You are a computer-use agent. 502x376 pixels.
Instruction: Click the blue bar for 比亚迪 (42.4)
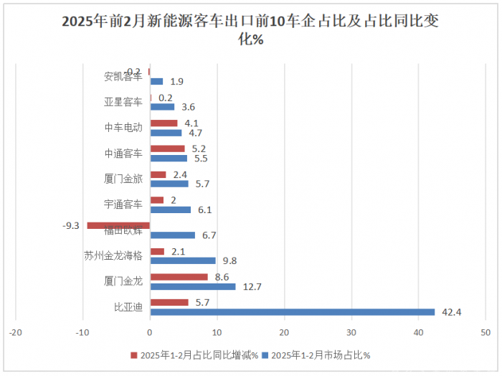pos(292,312)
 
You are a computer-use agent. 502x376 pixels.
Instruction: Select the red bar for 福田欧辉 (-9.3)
pos(118,225)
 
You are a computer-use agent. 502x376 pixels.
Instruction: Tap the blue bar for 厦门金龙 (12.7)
pos(192,286)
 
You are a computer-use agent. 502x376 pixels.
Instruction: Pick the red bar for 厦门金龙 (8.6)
pos(179,277)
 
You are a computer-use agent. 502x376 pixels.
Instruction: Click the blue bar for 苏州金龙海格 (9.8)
pos(182,260)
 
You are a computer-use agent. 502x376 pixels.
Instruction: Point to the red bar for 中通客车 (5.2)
pos(167,149)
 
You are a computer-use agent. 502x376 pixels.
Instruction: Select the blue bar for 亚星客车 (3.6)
pos(162,107)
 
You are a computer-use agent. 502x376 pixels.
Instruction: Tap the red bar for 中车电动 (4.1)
pos(164,123)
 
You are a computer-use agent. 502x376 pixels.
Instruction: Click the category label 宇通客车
pos(123,205)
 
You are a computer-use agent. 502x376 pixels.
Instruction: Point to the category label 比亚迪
pos(128,307)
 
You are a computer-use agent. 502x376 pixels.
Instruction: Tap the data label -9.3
pos(71,225)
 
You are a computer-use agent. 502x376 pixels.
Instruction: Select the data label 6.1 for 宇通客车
pos(204,210)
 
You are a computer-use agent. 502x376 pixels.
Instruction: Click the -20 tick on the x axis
pos(16,332)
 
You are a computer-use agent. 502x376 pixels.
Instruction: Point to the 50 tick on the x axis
pos(486,332)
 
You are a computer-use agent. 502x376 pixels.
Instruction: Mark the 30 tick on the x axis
pos(351,332)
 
